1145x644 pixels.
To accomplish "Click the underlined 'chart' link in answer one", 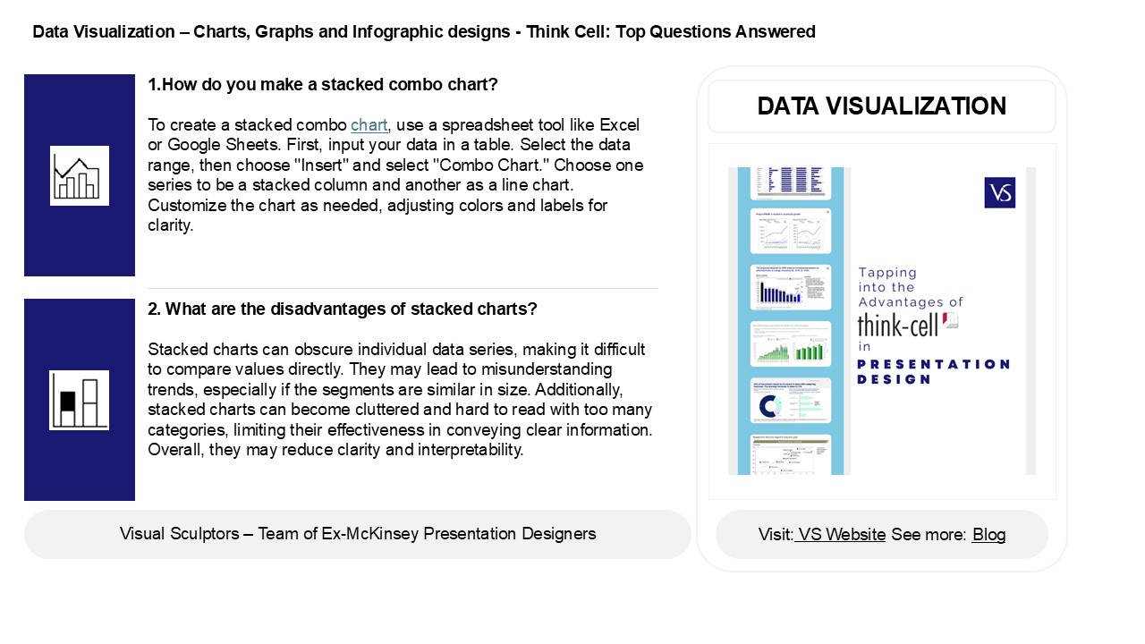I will (x=369, y=124).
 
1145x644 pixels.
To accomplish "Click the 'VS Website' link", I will (x=842, y=535).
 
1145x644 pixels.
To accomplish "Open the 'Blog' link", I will (x=988, y=535).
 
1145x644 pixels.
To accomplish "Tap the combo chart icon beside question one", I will (x=79, y=175).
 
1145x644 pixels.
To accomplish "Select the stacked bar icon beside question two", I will (x=79, y=400).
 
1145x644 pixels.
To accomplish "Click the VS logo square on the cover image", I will (x=999, y=192).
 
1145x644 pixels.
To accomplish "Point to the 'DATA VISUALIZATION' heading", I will (x=881, y=106).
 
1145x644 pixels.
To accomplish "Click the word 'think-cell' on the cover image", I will (x=898, y=324).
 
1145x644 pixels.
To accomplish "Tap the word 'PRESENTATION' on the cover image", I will (x=933, y=364).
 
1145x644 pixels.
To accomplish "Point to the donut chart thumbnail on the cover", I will (x=769, y=407).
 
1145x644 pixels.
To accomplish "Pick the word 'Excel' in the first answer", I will (x=619, y=124).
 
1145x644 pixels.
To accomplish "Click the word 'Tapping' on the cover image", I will (x=887, y=273).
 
